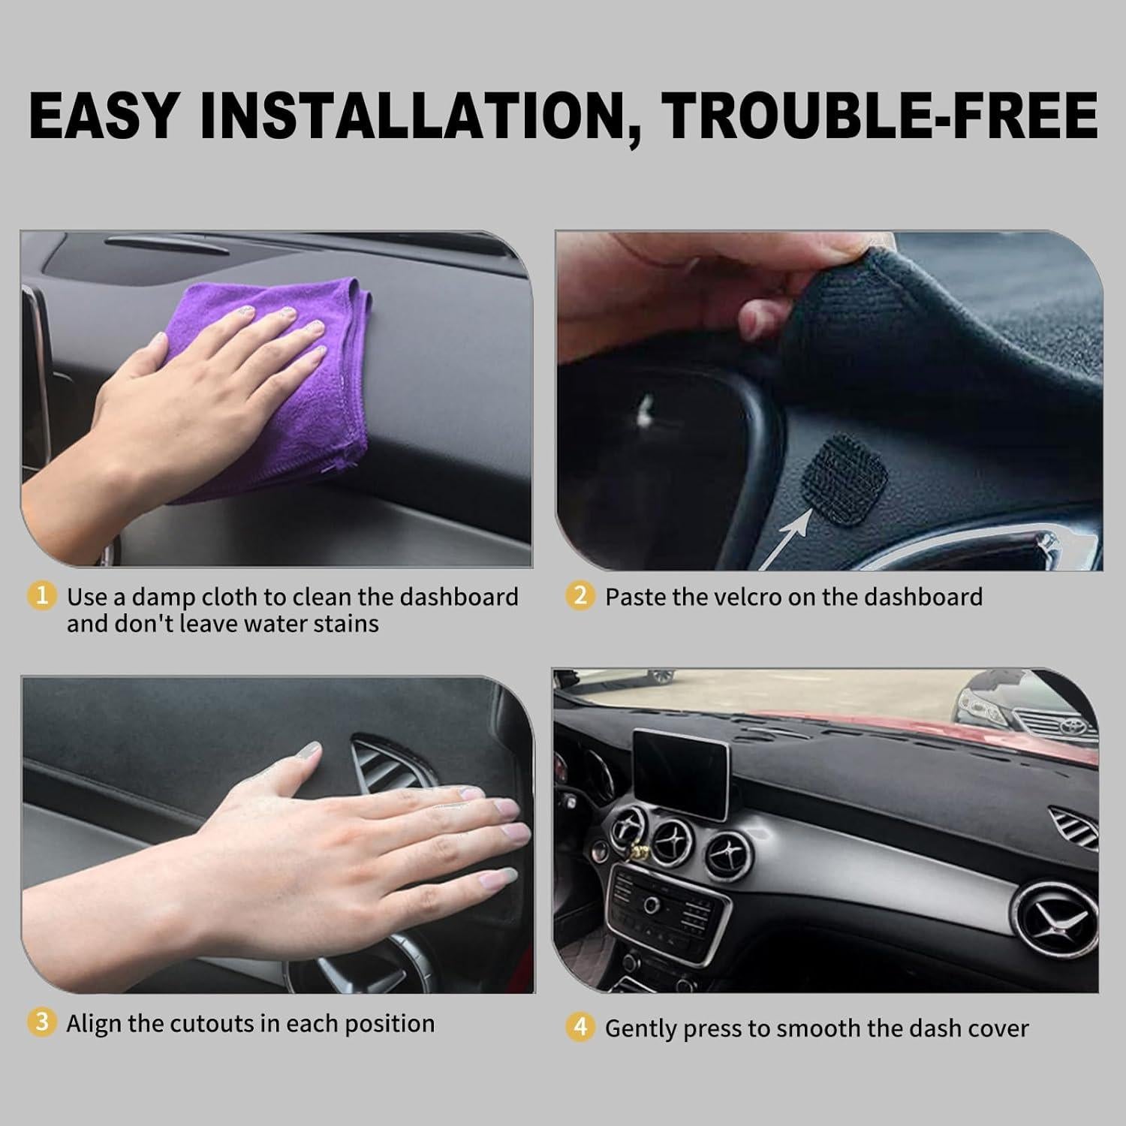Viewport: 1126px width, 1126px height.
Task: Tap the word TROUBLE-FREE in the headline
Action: point(881,116)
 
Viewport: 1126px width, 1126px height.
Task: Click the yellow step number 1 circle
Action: point(41,597)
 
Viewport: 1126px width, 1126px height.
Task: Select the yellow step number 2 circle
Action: point(580,597)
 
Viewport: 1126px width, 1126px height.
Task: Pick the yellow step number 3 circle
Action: point(41,1022)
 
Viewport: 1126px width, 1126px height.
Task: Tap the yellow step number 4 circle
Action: point(580,1028)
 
